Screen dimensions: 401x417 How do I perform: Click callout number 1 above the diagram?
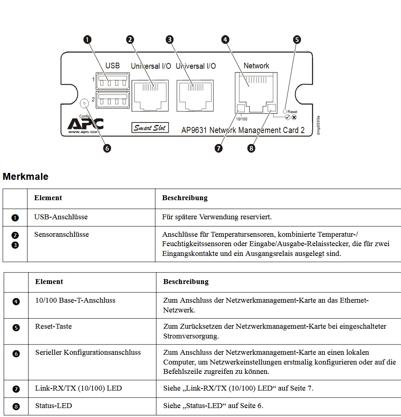point(87,39)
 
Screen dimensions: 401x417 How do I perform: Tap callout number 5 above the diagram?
point(297,39)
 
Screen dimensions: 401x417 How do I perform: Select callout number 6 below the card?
point(107,148)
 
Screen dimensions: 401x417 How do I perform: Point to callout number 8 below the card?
point(251,148)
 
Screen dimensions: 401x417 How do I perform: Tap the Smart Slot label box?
point(150,127)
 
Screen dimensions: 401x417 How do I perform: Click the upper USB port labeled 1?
point(113,81)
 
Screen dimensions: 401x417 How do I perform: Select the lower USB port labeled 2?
point(113,100)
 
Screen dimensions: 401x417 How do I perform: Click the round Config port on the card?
point(84,103)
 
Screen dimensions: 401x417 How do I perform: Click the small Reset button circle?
point(285,111)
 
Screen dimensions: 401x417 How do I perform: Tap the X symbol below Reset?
point(294,117)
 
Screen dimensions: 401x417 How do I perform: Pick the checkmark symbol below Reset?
point(287,117)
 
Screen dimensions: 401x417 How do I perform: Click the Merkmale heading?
point(26,177)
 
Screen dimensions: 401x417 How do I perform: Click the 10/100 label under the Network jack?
point(241,119)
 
